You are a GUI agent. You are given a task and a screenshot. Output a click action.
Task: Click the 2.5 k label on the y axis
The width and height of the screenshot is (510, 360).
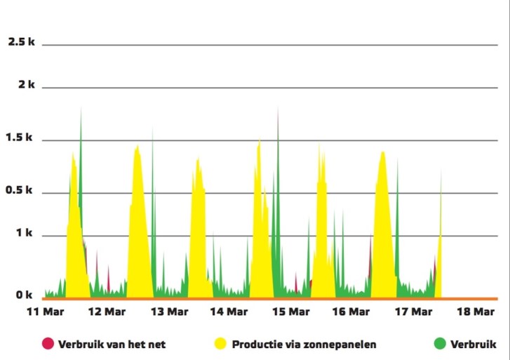pos(21,42)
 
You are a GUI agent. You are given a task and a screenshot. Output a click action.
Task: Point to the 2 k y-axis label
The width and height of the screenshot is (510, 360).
pos(27,85)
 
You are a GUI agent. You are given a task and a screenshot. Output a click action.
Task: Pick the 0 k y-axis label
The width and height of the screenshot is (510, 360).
pos(25,295)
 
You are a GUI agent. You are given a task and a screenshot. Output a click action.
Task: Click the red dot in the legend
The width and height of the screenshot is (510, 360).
pos(48,343)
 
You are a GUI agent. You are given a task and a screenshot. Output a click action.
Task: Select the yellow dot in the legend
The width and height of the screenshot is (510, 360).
pos(221,343)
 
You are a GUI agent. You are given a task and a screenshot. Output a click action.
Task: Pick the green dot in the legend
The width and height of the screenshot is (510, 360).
pos(440,343)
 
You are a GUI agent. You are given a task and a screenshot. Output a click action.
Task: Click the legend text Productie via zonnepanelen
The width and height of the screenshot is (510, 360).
pos(304,344)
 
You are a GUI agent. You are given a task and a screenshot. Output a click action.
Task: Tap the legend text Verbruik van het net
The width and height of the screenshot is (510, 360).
pos(112,344)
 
